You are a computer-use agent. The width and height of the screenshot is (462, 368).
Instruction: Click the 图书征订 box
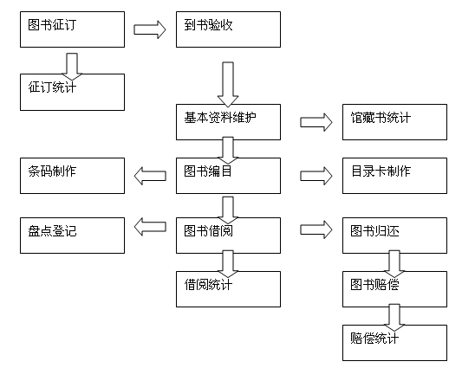(x=72, y=29)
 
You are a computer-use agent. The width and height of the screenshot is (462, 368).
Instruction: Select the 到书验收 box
(x=228, y=29)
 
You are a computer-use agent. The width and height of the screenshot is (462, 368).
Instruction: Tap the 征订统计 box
(x=72, y=92)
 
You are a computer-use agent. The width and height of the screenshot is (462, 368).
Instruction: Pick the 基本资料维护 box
(x=228, y=122)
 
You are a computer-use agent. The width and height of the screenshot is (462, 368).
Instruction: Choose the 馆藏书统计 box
(x=394, y=122)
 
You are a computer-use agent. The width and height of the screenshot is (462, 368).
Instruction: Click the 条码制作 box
(x=72, y=176)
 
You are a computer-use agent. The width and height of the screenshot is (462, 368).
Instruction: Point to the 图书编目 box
(x=228, y=176)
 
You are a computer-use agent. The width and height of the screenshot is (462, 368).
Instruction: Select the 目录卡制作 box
(x=394, y=176)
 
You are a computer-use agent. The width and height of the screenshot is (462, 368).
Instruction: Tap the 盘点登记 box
(x=72, y=236)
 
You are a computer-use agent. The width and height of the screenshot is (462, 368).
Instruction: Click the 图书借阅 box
(x=228, y=236)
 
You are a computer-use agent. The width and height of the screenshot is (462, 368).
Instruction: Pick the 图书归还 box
(x=394, y=236)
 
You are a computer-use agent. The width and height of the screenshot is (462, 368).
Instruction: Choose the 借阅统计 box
(x=228, y=289)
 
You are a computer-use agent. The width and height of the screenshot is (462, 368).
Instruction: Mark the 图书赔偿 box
(x=394, y=289)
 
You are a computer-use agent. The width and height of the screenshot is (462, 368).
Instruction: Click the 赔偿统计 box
(x=394, y=343)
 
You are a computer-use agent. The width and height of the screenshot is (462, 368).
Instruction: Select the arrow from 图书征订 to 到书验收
(x=150, y=29)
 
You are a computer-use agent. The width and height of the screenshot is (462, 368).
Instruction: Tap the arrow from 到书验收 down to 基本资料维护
(x=228, y=84)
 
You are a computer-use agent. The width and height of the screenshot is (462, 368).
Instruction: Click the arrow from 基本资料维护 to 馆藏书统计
(x=316, y=122)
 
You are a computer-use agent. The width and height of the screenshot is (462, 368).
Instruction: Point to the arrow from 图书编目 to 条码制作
(x=150, y=176)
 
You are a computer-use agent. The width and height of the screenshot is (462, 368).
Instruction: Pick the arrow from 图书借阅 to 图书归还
(x=316, y=229)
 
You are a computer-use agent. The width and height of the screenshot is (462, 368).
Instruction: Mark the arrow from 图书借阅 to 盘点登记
(x=150, y=227)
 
